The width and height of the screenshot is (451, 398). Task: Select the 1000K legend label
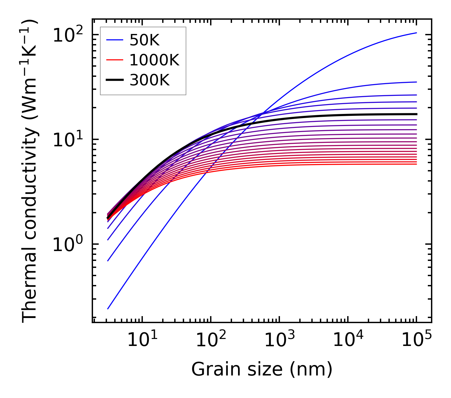click(x=154, y=60)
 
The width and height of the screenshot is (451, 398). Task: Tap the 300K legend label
click(x=149, y=80)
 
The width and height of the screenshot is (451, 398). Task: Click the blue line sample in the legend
click(x=115, y=40)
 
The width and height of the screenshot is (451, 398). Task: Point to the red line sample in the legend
click(x=115, y=60)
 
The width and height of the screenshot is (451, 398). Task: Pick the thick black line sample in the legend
click(x=115, y=80)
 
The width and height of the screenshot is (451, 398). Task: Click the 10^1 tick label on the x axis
click(x=142, y=340)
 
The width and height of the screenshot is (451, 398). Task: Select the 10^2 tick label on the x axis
click(x=211, y=340)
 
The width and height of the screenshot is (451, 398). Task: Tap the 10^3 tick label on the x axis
click(x=279, y=340)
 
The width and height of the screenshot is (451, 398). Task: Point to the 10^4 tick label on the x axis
click(x=348, y=340)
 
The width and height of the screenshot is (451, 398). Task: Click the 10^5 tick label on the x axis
click(x=416, y=340)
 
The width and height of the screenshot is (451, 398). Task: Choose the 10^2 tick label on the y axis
click(x=68, y=35)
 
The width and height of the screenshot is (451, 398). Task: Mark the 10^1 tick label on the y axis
click(x=68, y=140)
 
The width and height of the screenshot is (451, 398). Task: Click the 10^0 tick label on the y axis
click(x=68, y=245)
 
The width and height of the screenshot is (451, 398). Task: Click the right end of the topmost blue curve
click(x=416, y=33)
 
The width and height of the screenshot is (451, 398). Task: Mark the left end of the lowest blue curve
click(x=108, y=308)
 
